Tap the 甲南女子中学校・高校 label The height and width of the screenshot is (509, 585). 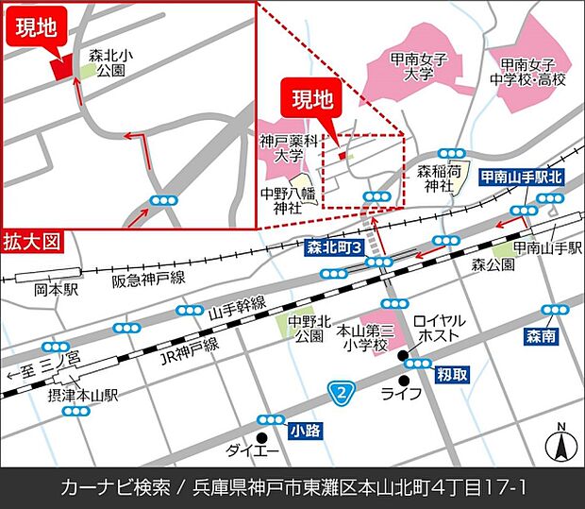pyautogui.click(x=533, y=73)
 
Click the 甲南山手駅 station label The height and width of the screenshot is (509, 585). pyautogui.click(x=547, y=248)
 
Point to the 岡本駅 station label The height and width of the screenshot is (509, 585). pyautogui.click(x=56, y=290)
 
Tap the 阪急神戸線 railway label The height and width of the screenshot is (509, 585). pyautogui.click(x=148, y=280)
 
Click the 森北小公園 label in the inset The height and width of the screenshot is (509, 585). pyautogui.click(x=111, y=64)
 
